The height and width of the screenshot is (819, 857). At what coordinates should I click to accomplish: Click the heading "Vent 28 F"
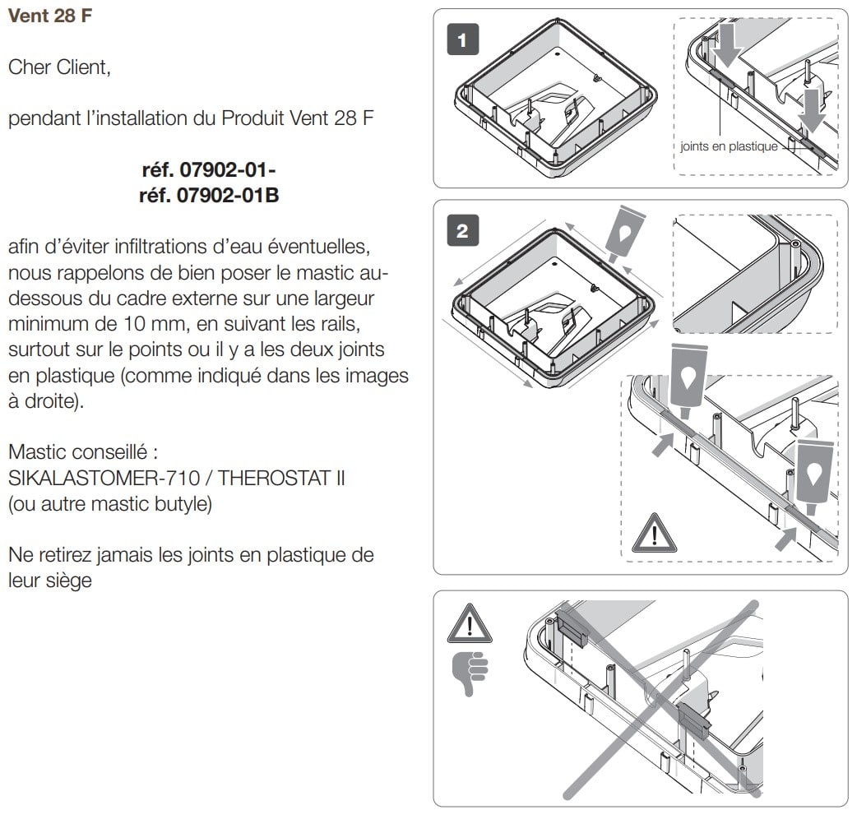50,16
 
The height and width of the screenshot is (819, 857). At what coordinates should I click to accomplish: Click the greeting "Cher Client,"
59,67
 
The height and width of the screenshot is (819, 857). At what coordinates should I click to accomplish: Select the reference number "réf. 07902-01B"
210,195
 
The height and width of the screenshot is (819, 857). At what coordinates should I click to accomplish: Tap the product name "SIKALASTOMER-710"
104,478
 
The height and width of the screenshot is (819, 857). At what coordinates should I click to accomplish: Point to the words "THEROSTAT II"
281,478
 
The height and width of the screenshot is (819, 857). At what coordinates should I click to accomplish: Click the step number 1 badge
463,39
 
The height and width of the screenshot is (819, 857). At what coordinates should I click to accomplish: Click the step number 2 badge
463,230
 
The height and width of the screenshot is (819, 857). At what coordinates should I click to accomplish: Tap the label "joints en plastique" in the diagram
729,146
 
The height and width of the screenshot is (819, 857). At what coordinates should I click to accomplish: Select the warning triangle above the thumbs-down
470,624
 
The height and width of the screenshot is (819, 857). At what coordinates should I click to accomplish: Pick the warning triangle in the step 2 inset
654,533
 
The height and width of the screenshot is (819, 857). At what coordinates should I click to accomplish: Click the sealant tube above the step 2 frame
623,234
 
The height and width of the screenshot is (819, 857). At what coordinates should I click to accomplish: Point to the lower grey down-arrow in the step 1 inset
813,112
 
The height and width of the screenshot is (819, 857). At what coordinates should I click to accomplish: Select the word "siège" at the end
69,581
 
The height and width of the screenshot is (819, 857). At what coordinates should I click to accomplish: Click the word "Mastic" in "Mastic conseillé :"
38,451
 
